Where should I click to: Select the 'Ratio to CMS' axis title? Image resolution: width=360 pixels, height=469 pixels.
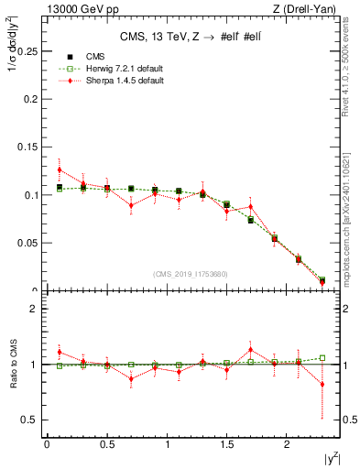coord(12,365)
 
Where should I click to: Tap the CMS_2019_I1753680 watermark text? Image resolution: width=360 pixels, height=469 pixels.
coord(191,273)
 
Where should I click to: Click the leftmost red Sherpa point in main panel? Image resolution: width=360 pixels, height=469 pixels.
coord(60,169)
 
